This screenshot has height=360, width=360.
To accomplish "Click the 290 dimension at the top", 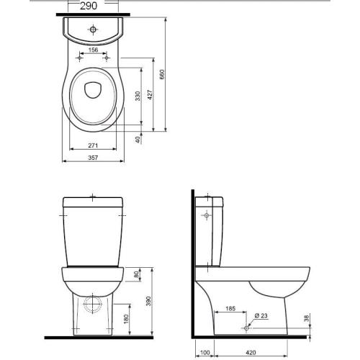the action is [89, 6].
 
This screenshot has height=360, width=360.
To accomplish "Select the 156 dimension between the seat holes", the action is [93, 50].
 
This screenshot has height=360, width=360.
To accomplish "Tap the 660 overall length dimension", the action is [162, 74].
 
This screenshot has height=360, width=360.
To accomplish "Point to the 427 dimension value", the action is [150, 95].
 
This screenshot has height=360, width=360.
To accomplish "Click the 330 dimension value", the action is [138, 96].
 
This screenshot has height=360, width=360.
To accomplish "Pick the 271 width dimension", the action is [93, 145].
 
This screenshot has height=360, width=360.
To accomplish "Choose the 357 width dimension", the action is [93, 158].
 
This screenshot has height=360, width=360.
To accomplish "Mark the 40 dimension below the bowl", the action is [138, 140].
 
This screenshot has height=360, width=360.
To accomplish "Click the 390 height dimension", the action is [148, 301].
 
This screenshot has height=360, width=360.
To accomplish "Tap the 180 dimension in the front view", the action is [126, 319].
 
